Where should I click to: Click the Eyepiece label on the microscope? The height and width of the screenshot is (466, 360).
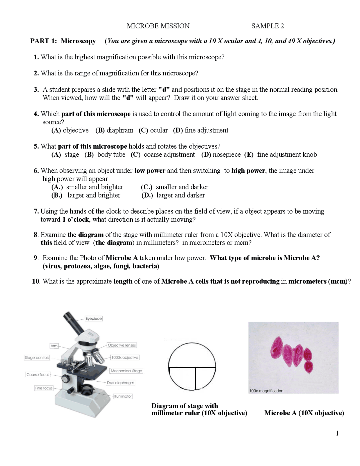pyautogui.click(x=94, y=319)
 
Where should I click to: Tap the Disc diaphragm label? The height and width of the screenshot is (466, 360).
pyautogui.click(x=120, y=383)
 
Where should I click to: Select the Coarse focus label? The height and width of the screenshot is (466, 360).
pyautogui.click(x=38, y=375)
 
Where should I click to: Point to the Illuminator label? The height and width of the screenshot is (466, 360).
pyautogui.click(x=123, y=396)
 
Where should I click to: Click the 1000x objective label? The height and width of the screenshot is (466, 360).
pyautogui.click(x=125, y=357)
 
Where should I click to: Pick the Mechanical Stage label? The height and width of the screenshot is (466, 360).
pyautogui.click(x=126, y=371)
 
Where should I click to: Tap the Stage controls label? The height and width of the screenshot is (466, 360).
pyautogui.click(x=37, y=358)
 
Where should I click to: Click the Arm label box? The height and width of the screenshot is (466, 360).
pyautogui.click(x=54, y=346)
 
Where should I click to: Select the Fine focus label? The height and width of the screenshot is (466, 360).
pyautogui.click(x=44, y=388)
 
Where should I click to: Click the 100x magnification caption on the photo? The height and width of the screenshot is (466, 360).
pyautogui.click(x=266, y=391)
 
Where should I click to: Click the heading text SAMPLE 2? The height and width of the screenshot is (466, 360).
pyautogui.click(x=267, y=26)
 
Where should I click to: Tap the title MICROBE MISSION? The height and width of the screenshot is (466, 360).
pyautogui.click(x=158, y=26)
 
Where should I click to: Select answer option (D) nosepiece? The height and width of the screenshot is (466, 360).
pyautogui.click(x=221, y=154)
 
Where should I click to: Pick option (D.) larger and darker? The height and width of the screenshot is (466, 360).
pyautogui.click(x=173, y=195)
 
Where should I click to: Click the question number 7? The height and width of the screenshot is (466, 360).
pyautogui.click(x=36, y=211)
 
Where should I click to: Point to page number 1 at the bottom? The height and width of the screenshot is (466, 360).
pyautogui.click(x=337, y=433)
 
